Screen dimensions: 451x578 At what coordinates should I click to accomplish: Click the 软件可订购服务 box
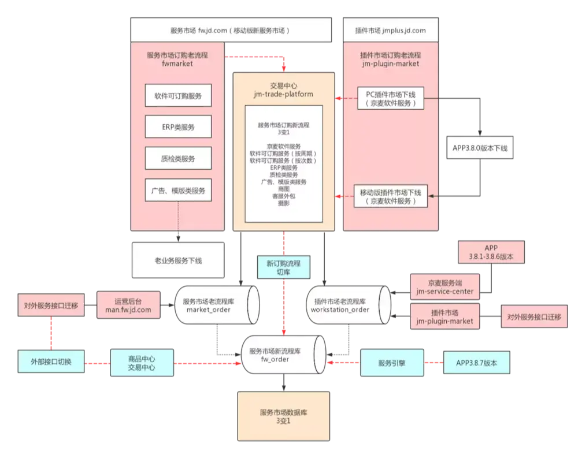point(178,96)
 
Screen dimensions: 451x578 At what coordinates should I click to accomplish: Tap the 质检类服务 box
point(178,158)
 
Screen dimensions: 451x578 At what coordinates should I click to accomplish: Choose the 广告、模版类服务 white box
point(178,190)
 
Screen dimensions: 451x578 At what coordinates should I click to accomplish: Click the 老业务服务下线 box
point(178,260)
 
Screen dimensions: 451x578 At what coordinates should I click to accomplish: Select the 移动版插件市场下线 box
point(390,196)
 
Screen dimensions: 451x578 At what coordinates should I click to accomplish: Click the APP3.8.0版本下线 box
point(479,148)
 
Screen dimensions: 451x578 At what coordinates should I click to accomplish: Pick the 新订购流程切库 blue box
point(283,267)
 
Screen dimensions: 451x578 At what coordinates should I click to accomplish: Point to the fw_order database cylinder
point(283,355)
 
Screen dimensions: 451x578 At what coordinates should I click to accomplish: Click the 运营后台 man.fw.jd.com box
point(128,305)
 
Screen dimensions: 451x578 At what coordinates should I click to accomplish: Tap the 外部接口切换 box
point(51,362)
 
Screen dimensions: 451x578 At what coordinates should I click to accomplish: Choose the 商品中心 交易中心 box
point(141,362)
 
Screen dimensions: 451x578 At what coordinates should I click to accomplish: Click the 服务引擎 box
point(391,363)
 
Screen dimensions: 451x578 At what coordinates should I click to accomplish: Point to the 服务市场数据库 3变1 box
point(283,416)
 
